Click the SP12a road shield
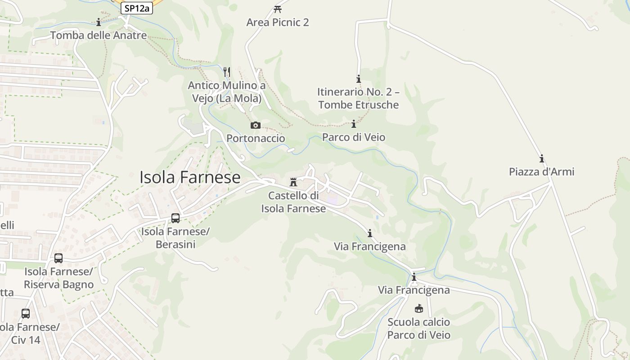[137, 8]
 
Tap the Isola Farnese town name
[190, 177]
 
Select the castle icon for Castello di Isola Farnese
[293, 182]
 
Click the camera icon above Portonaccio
[256, 125]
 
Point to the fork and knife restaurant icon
[227, 72]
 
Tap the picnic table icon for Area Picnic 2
[278, 9]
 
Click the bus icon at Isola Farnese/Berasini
[175, 218]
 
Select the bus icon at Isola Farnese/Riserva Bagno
[58, 258]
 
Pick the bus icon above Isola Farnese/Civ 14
[26, 314]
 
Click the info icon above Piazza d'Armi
[542, 159]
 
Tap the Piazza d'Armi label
[541, 172]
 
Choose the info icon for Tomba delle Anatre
[99, 22]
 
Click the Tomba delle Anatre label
[99, 35]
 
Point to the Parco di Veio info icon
[354, 124]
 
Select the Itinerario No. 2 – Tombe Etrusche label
[358, 99]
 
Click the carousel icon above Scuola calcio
[418, 309]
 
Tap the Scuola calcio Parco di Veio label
[418, 328]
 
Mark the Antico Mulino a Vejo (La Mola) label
[226, 92]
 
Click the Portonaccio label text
[256, 138]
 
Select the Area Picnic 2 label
[278, 22]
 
